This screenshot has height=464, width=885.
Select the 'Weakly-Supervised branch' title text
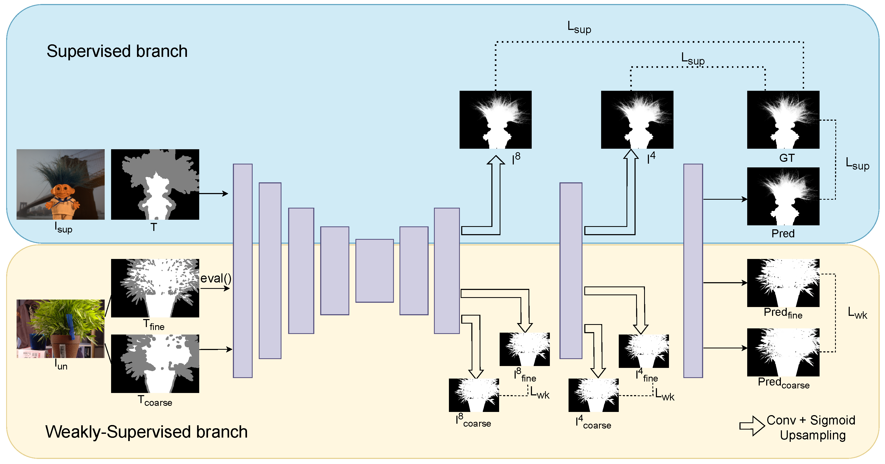pyautogui.click(x=146, y=432)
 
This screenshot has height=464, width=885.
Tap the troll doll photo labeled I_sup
pyautogui.click(x=60, y=184)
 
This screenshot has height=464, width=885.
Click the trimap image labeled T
pyautogui.click(x=155, y=184)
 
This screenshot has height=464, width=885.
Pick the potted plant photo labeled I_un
pyautogui.click(x=60, y=328)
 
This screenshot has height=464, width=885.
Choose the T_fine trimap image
pyautogui.click(x=155, y=288)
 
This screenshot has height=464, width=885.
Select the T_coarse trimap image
pyautogui.click(x=155, y=363)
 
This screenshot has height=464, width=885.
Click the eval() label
pyautogui.click(x=216, y=278)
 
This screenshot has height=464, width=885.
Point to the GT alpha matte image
pyautogui.click(x=783, y=120)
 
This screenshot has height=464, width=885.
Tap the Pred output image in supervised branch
pyautogui.click(x=783, y=196)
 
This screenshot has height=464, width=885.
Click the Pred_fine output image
pyautogui.click(x=783, y=283)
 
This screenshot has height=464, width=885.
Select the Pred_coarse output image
pyautogui.click(x=783, y=352)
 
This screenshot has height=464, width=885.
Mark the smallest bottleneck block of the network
pyautogui.click(x=374, y=271)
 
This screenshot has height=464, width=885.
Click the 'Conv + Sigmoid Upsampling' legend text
pyautogui.click(x=812, y=427)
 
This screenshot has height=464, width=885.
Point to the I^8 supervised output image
pyautogui.click(x=495, y=120)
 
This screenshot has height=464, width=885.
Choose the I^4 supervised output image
pyautogui.click(x=637, y=120)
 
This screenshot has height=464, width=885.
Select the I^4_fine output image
pyautogui.click(x=644, y=351)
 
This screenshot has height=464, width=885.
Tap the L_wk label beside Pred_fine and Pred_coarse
pyautogui.click(x=857, y=313)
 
